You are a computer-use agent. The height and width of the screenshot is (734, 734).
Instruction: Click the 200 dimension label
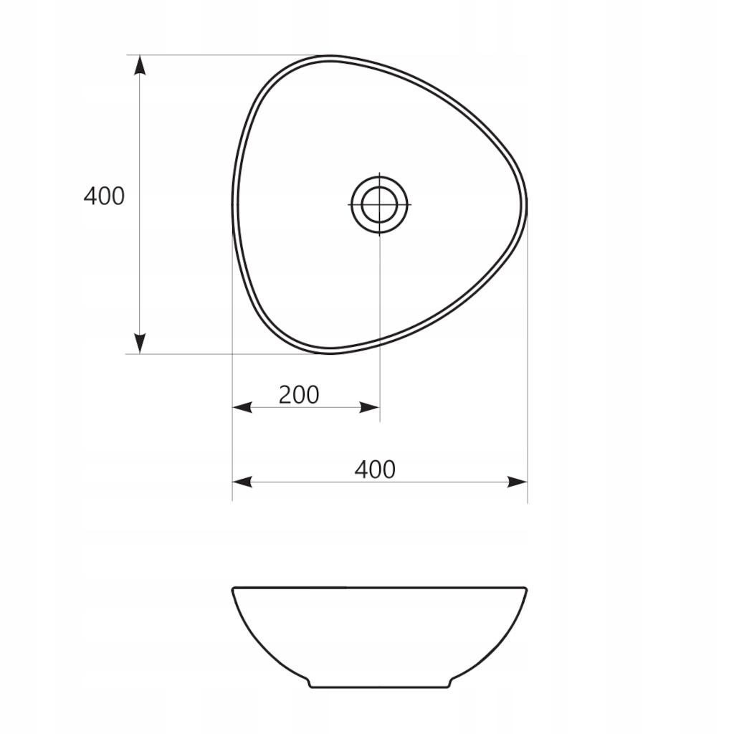[299, 395]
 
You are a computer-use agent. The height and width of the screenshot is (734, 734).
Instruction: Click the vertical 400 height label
[104, 196]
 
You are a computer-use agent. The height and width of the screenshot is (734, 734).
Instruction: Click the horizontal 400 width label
[375, 470]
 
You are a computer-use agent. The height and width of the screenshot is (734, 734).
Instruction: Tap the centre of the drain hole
[380, 204]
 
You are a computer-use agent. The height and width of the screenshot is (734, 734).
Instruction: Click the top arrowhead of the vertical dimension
[140, 65]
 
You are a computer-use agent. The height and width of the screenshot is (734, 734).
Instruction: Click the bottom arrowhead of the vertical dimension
[140, 343]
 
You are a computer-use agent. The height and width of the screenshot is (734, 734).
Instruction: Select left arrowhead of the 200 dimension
[242, 407]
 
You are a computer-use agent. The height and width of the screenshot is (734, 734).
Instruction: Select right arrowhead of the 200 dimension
[369, 407]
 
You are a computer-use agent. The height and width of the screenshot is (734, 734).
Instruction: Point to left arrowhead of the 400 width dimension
[242, 482]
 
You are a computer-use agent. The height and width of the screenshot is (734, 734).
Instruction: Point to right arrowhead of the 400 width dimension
[518, 482]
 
